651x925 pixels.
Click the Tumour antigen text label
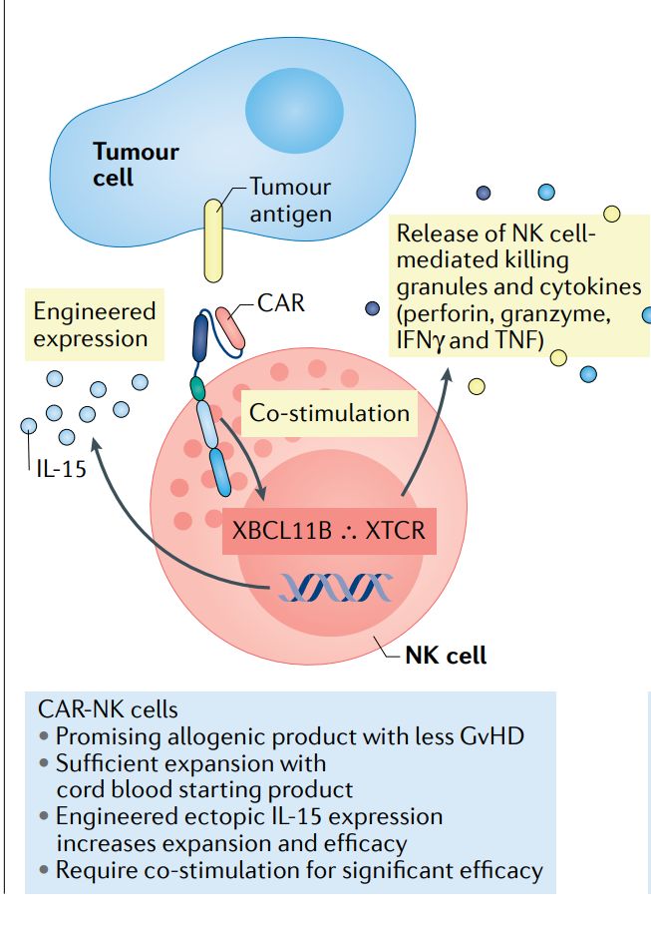pos(290,200)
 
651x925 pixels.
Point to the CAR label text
pos(280,302)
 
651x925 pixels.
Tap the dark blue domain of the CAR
pos(200,337)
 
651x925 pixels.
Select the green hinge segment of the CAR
pos(198,386)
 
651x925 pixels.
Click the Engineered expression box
pos(95,324)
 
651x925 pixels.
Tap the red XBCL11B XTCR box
pos(328,529)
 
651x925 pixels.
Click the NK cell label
pos(446,656)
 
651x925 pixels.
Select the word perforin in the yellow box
pos(442,314)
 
